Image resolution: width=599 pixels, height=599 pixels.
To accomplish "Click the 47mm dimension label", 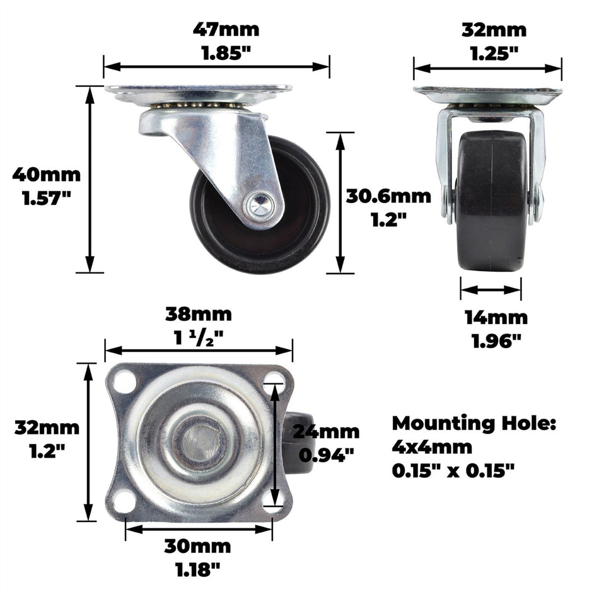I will click(226, 30).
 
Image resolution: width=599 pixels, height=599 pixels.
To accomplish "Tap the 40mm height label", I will click(46, 174).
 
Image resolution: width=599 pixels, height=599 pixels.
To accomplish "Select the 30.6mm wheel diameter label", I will click(388, 196).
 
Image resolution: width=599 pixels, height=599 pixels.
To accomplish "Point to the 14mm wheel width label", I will click(496, 318).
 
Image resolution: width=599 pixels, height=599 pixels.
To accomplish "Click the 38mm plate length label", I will click(198, 313).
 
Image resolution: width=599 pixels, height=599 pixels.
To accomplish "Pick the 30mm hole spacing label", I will click(197, 546).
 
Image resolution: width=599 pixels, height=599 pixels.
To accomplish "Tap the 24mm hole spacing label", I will click(325, 432).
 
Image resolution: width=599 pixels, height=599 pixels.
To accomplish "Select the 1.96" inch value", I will click(497, 341).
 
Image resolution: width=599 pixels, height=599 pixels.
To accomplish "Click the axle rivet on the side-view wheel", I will click(259, 203).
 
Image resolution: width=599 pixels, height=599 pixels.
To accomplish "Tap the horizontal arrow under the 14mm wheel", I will click(491, 290).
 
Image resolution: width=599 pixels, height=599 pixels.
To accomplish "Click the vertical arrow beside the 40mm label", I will click(90, 179).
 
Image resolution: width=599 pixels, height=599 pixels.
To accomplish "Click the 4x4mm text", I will click(431, 447).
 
